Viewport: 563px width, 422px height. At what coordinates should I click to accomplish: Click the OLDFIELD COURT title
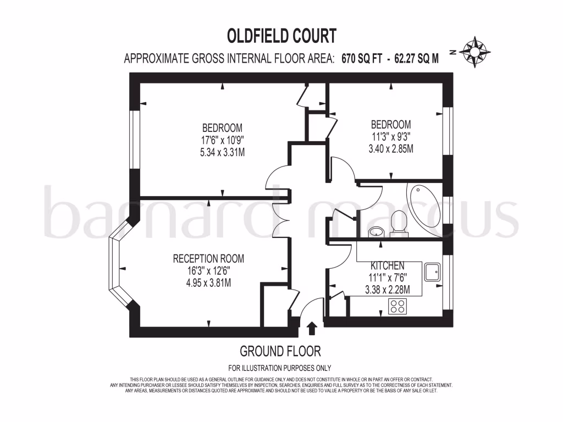(x=281, y=36)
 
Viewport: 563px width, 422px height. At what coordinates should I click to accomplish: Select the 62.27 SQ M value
(x=416, y=59)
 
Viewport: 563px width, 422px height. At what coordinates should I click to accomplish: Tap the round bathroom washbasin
(x=377, y=231)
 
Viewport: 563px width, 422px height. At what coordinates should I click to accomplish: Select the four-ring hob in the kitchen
(x=398, y=306)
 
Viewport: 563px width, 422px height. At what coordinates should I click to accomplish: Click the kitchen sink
(x=432, y=270)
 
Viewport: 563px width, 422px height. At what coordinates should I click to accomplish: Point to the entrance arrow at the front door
(x=312, y=329)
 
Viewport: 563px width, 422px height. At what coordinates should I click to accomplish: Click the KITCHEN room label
(x=387, y=265)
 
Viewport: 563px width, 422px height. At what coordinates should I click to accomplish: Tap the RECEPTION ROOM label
(x=208, y=259)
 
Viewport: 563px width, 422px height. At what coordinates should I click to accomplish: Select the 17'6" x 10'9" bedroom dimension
(x=222, y=140)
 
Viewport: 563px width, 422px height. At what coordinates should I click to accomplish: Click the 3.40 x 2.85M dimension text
(x=390, y=148)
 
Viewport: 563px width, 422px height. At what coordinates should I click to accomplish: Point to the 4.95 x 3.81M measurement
(x=208, y=283)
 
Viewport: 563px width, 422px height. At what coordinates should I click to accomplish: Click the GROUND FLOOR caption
(x=280, y=351)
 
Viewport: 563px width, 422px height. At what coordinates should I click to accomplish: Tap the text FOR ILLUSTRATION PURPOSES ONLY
(x=280, y=368)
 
